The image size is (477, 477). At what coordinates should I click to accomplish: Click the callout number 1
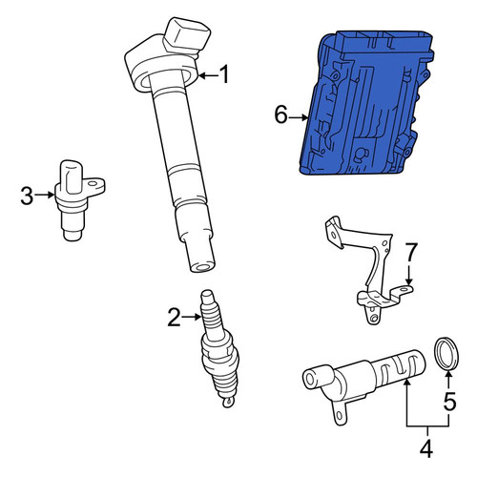pos(224,74)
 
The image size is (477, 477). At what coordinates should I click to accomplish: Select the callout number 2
pos(175,317)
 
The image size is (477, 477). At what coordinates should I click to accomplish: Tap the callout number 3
pos(27,196)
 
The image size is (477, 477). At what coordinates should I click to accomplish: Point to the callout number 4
pos(426,449)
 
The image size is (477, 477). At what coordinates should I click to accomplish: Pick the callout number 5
pos(449,401)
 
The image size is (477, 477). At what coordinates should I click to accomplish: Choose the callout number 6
pos(281,114)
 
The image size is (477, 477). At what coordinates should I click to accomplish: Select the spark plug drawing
pos(218,348)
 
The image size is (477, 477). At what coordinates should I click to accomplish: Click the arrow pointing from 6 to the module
pos(299,117)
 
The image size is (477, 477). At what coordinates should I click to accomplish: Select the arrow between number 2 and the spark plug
pos(192,317)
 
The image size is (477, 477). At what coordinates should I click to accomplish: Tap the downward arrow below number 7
pos(409,274)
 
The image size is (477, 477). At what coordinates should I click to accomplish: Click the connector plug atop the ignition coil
pos(187,35)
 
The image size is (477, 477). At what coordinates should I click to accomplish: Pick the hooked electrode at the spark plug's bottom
pos(228,403)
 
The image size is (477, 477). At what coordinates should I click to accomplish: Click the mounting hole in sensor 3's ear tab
pos(93,184)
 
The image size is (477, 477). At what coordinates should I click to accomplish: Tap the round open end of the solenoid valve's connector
pos(309,379)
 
